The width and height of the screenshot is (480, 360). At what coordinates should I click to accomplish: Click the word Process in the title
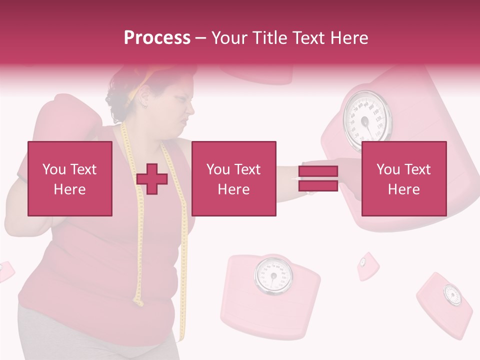pos(157,37)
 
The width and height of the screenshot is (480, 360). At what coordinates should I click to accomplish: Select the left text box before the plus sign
pos(70,178)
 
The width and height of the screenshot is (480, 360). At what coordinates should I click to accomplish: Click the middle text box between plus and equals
pos(234,178)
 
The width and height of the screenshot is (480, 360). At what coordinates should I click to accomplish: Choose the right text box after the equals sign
pos(403,178)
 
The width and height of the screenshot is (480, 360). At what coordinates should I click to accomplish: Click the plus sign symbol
pos(152,178)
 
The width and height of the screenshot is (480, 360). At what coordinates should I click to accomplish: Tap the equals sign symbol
pos(318,178)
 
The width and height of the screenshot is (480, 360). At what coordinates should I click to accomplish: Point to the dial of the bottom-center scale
pos(273,275)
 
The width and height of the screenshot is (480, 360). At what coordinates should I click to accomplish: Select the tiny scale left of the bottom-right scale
pos(367,265)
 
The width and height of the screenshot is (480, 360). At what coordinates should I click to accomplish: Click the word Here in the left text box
pos(69,189)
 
